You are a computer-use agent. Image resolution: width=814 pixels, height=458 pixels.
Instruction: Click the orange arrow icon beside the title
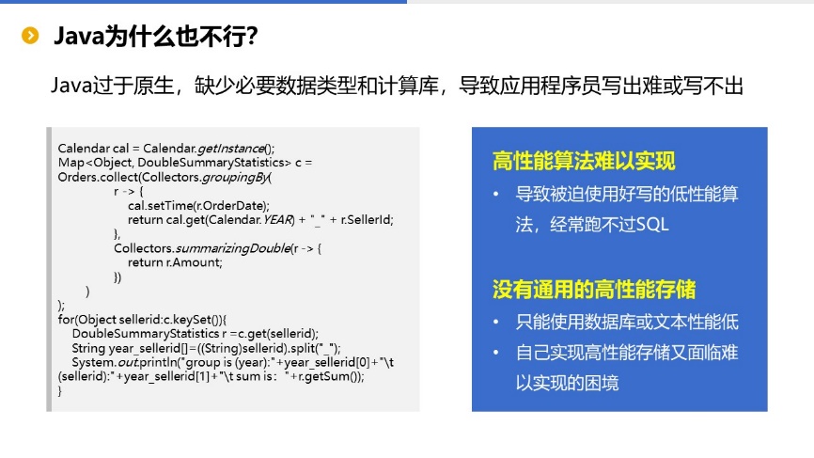point(30,36)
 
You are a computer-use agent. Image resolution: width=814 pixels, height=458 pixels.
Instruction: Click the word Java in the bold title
point(79,37)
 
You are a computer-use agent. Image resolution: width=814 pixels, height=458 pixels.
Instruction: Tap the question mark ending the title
point(252,37)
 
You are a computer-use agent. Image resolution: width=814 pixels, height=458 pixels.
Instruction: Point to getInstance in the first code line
point(231,149)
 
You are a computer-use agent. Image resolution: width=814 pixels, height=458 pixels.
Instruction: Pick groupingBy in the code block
point(235,177)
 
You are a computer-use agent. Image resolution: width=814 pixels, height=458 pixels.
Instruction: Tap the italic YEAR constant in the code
point(277,220)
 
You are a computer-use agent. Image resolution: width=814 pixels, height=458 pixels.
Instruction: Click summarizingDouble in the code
point(233,248)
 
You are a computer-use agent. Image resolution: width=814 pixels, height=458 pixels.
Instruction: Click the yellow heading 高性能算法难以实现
point(584,161)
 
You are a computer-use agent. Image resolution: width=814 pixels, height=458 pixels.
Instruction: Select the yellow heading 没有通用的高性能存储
point(594,290)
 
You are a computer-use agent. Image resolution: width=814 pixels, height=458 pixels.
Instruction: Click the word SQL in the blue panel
point(652,225)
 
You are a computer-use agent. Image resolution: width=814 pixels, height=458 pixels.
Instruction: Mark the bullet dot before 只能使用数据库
point(495,322)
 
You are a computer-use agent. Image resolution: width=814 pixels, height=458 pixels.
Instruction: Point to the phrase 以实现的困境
point(567,383)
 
